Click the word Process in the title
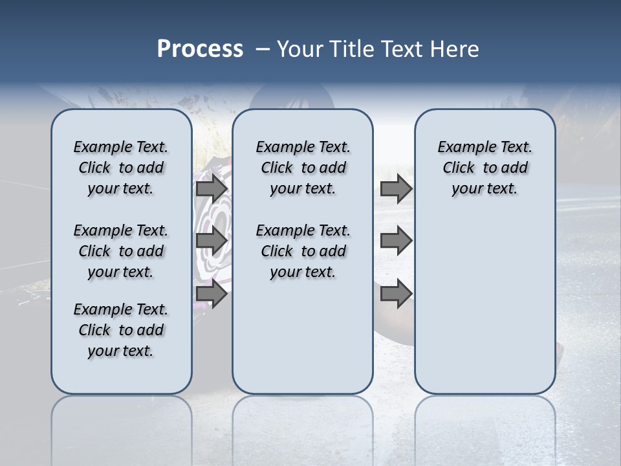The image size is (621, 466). [199, 49]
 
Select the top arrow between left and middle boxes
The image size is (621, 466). [211, 189]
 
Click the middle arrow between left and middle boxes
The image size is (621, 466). [211, 241]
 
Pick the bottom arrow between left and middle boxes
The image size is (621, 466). [211, 294]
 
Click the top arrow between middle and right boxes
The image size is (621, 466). [396, 189]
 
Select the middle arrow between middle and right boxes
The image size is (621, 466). [396, 241]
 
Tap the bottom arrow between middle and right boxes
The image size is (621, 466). [396, 294]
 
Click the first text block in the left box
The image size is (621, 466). [121, 168]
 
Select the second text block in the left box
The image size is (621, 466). [121, 251]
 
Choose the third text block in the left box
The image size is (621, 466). [121, 330]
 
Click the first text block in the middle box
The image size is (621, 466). [303, 168]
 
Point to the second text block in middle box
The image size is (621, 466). [303, 251]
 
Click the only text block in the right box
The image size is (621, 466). [485, 168]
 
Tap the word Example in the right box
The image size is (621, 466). [462, 147]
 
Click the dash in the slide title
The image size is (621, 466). [263, 49]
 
